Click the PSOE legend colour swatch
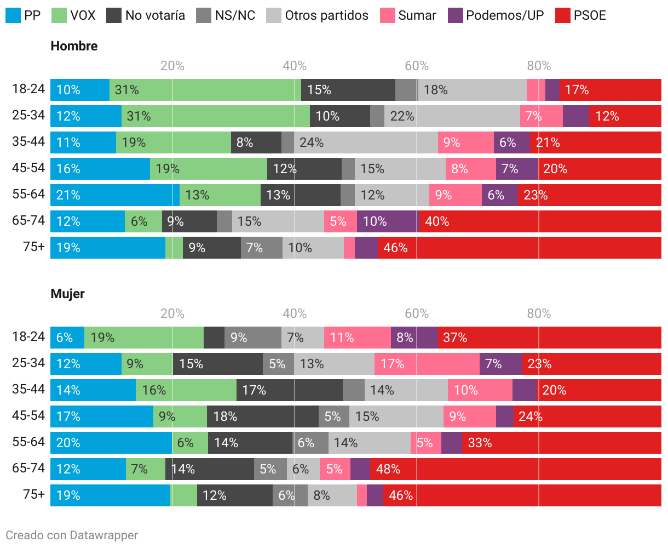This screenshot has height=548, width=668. pos(563,15)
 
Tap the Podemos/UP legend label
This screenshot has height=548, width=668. pos(505,15)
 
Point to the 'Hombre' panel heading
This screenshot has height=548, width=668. pos(74,46)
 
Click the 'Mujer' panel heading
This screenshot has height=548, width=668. pos(67,294)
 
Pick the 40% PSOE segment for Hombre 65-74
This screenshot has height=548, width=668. pos(540,221)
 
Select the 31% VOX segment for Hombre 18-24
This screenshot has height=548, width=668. pos(205,90)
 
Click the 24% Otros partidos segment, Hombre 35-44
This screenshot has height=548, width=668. pos(366,142)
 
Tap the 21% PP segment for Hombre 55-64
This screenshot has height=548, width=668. pos(115,195)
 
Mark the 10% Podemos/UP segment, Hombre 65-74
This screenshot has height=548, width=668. pos(388,221)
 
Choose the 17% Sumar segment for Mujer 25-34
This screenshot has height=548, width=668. pos(427,364)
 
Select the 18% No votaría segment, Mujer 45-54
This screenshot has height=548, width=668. pos(263,416)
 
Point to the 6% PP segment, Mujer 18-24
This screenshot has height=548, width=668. pos(67,338)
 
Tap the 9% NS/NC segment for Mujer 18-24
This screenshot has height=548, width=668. pos(253,338)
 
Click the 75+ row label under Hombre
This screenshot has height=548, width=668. pos(34,247)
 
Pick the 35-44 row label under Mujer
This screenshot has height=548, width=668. pos(28,390)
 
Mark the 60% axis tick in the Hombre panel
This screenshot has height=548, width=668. pos(417,66)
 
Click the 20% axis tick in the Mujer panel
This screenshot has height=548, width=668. pos(172,313)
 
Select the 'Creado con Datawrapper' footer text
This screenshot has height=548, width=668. pos(72,535)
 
